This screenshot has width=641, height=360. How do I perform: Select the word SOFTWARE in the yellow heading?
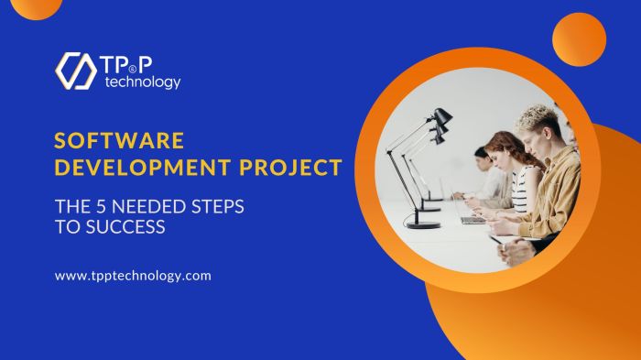119,141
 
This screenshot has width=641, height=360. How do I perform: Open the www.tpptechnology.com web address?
133,275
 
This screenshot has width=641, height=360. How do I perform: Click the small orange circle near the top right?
579,39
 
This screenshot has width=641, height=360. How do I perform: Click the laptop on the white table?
472,218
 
